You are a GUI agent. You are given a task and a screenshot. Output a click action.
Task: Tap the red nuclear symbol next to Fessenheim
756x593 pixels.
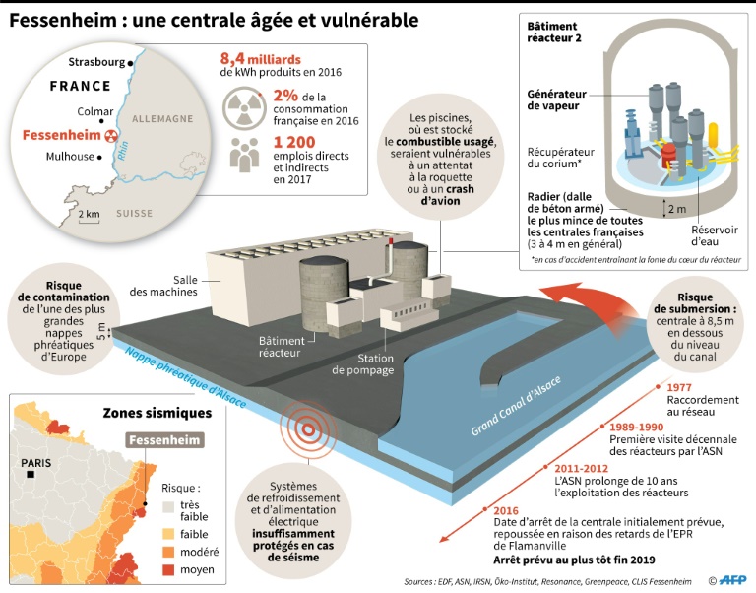pos(111,135)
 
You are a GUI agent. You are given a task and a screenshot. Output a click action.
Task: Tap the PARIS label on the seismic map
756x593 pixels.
pos(40,460)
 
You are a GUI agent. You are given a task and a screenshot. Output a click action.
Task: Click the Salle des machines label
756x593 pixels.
pos(163,285)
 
